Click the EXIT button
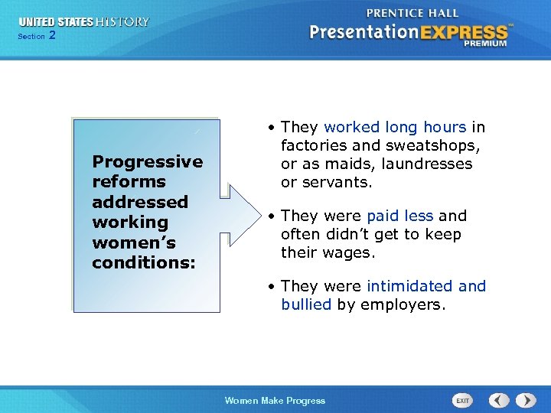(463, 400)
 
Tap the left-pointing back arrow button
(499, 400)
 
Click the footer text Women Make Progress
(275, 401)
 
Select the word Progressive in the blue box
(147, 161)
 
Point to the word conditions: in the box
(143, 262)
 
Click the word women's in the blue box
(133, 242)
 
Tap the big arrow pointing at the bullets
(243, 213)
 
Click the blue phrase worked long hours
(395, 127)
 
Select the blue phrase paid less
(400, 216)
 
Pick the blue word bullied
(305, 304)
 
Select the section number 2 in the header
(52, 35)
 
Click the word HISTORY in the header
(122, 21)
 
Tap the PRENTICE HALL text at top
(412, 13)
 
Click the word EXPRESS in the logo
(464, 32)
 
